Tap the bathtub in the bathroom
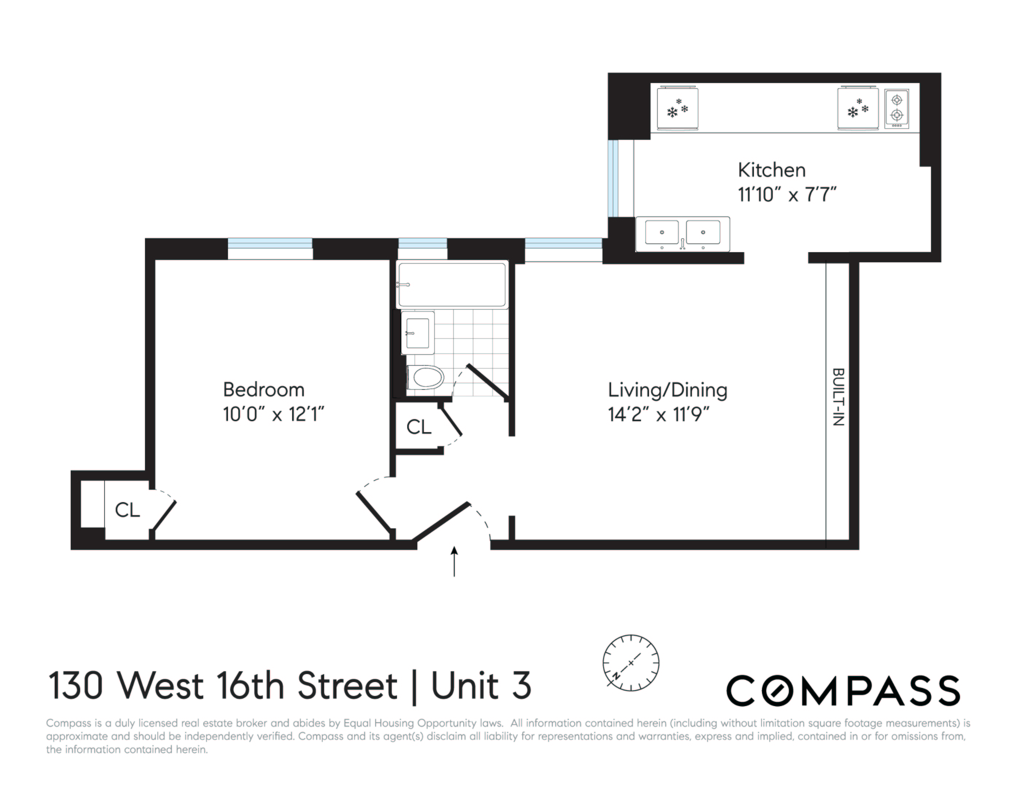click(x=452, y=285)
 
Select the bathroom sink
click(x=418, y=333)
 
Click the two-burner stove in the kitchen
click(x=896, y=109)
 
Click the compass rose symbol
click(x=631, y=662)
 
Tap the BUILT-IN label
click(x=838, y=397)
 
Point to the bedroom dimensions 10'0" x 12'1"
click(x=273, y=414)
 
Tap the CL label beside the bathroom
click(x=418, y=427)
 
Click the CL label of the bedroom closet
click(x=127, y=510)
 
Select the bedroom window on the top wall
click(x=270, y=248)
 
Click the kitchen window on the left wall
click(x=613, y=178)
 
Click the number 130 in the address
click(x=75, y=685)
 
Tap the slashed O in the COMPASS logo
click(x=777, y=690)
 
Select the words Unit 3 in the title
click(x=481, y=685)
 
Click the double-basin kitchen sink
click(x=683, y=233)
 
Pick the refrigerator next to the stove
click(x=858, y=108)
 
